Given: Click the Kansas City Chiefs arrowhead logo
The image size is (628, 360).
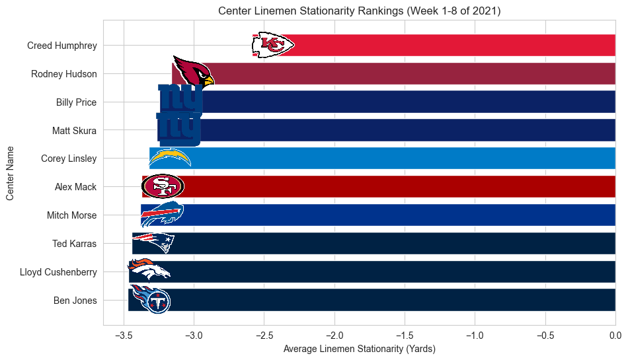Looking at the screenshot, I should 273,45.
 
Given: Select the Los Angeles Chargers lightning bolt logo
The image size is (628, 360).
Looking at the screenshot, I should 170,158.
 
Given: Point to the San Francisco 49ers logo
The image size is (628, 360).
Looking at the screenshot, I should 163,187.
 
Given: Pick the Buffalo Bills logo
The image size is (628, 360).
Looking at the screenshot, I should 161,215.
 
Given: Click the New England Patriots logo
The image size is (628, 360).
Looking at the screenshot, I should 153,242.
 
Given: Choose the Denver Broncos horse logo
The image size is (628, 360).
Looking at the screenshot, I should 149,270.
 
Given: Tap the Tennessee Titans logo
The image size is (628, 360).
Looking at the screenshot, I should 151,299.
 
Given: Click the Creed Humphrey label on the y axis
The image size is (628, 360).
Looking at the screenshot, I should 62,46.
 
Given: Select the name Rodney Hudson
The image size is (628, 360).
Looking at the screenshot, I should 64,74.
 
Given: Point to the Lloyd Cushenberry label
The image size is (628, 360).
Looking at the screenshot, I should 58,272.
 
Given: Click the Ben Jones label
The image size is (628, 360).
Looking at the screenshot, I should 75,301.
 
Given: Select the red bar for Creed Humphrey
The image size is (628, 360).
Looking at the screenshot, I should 450,46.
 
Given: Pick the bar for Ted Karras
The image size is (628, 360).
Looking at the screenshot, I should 397,244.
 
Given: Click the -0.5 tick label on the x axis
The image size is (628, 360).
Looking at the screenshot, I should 545,336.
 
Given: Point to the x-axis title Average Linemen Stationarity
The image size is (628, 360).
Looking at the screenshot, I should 359,348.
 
